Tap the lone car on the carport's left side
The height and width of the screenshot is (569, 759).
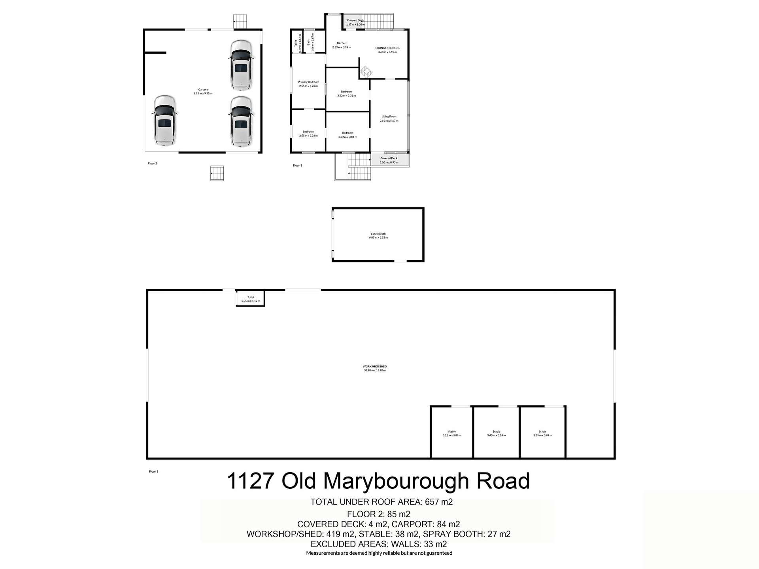point(164,120)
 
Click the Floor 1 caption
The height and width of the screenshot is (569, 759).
point(153,471)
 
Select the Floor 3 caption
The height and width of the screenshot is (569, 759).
point(297,166)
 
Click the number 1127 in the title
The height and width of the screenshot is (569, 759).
point(251,481)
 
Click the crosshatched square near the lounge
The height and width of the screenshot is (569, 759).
point(366,72)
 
